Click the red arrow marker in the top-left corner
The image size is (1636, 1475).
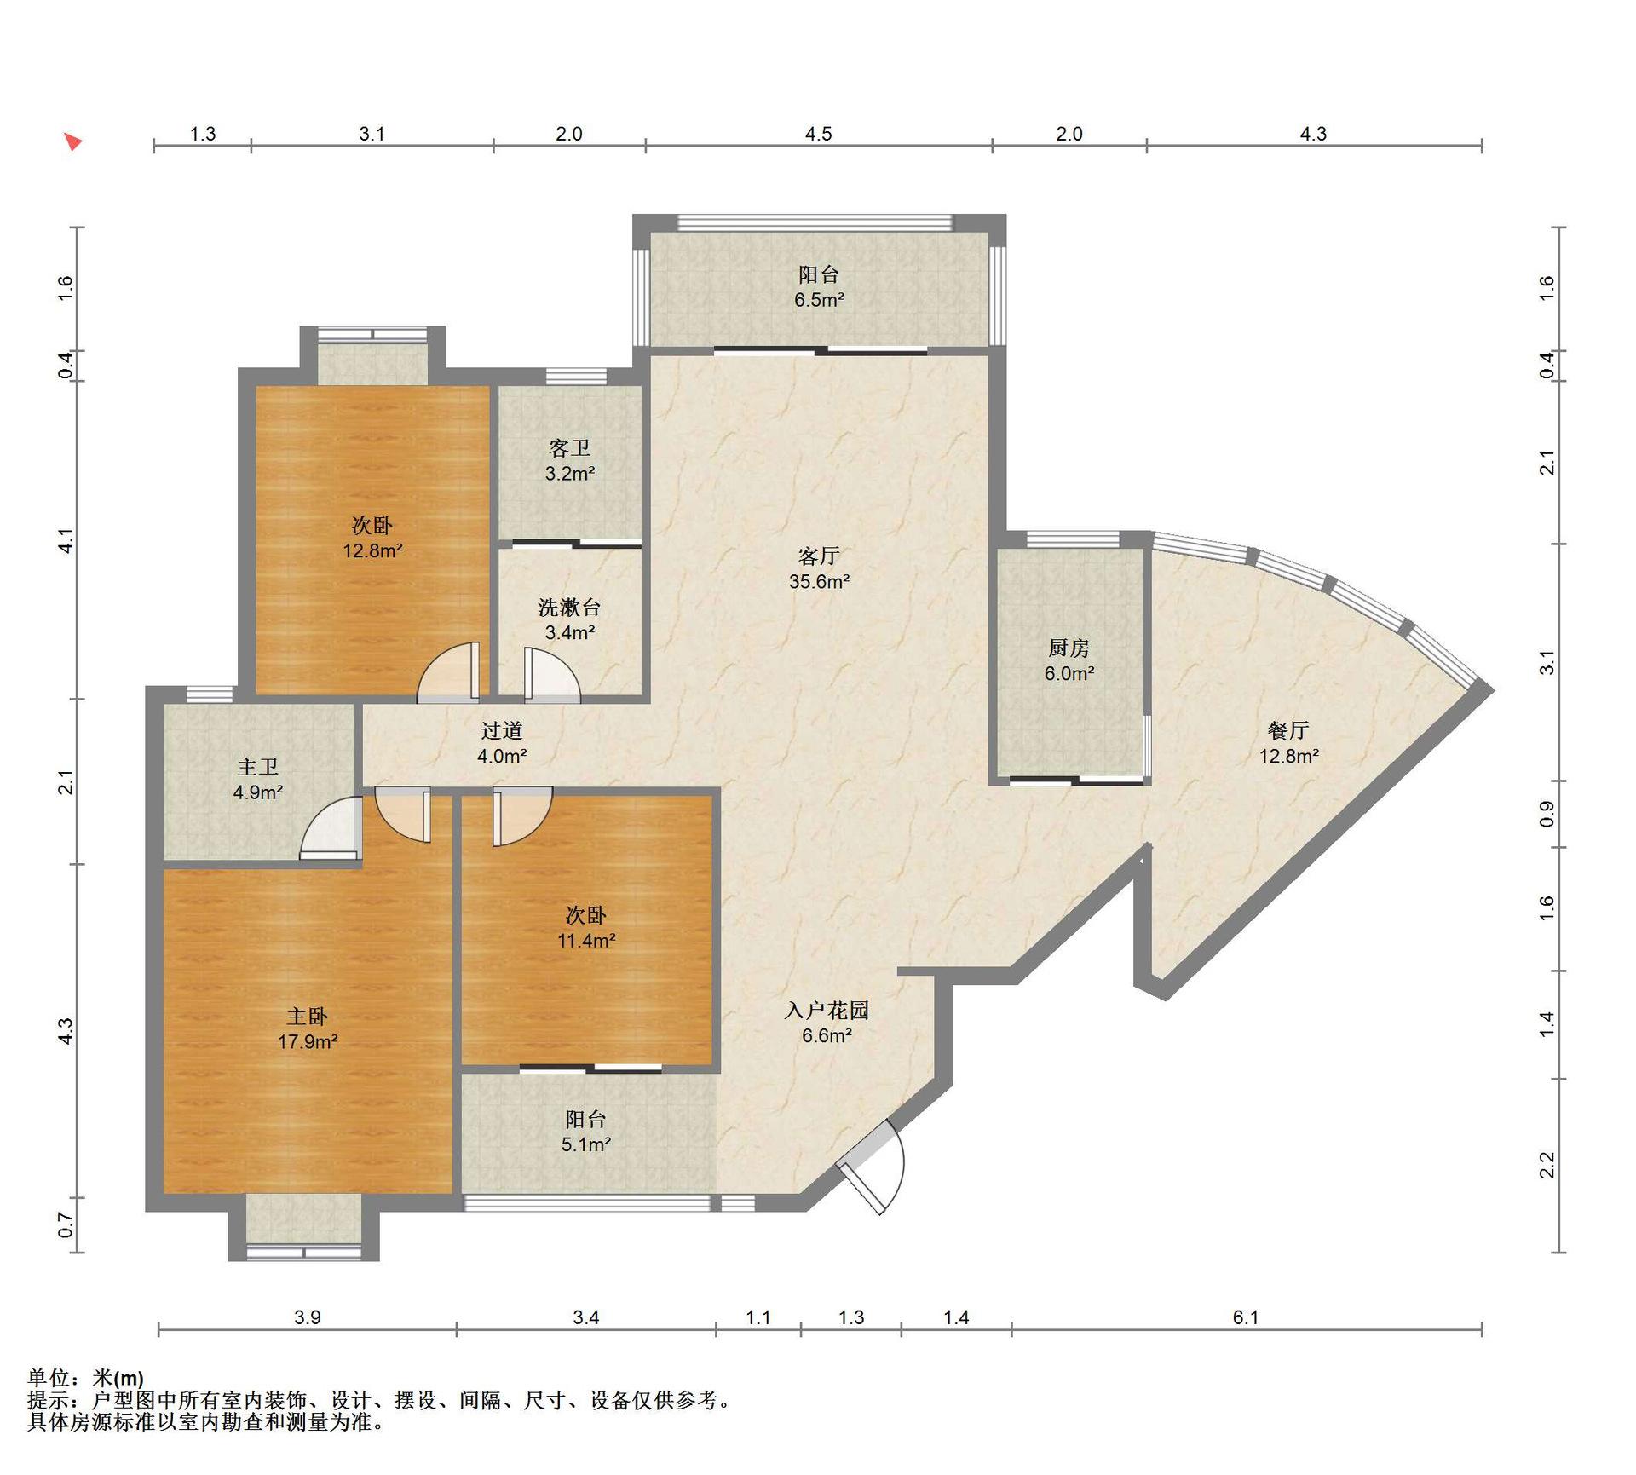tap(74, 141)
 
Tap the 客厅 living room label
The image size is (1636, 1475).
tap(819, 556)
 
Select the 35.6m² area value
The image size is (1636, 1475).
tap(819, 582)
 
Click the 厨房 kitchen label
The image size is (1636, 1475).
tap(1069, 648)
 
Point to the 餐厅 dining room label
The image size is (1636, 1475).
tap(1288, 730)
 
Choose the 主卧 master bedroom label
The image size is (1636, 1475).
tap(307, 1017)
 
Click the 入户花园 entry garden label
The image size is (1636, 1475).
tap(827, 1011)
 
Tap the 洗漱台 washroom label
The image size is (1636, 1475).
tap(569, 608)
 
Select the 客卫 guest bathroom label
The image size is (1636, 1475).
tap(569, 448)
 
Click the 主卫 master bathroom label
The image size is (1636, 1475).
tap(257, 768)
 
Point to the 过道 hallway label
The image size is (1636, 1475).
tap(501, 731)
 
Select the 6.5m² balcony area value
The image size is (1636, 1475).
tap(819, 300)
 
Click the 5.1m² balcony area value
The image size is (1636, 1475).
tap(585, 1144)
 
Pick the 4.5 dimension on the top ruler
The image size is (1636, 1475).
tap(818, 134)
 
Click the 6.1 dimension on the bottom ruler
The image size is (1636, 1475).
tap(1246, 1317)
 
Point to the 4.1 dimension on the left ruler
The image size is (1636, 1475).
tap(66, 541)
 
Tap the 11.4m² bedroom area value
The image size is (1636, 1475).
tap(586, 941)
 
